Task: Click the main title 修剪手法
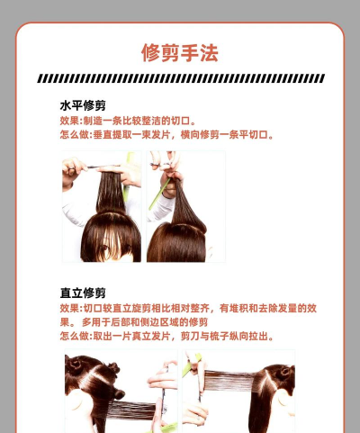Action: point(180,53)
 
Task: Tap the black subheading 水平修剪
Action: point(83,105)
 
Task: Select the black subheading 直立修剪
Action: point(83,293)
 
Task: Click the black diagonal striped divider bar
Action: point(181,78)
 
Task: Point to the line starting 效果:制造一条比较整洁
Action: point(128,121)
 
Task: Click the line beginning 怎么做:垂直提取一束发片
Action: point(166,135)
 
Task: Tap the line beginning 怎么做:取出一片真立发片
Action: point(166,336)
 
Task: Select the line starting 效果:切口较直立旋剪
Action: point(188,308)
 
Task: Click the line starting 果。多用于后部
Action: point(134,322)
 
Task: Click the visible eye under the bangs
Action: point(103,248)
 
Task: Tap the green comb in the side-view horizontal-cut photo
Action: point(159,194)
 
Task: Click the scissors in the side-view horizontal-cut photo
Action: point(160,164)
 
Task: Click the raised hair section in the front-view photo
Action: point(111,192)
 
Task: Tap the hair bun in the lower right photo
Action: point(284,373)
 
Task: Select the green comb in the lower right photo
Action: point(191,365)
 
